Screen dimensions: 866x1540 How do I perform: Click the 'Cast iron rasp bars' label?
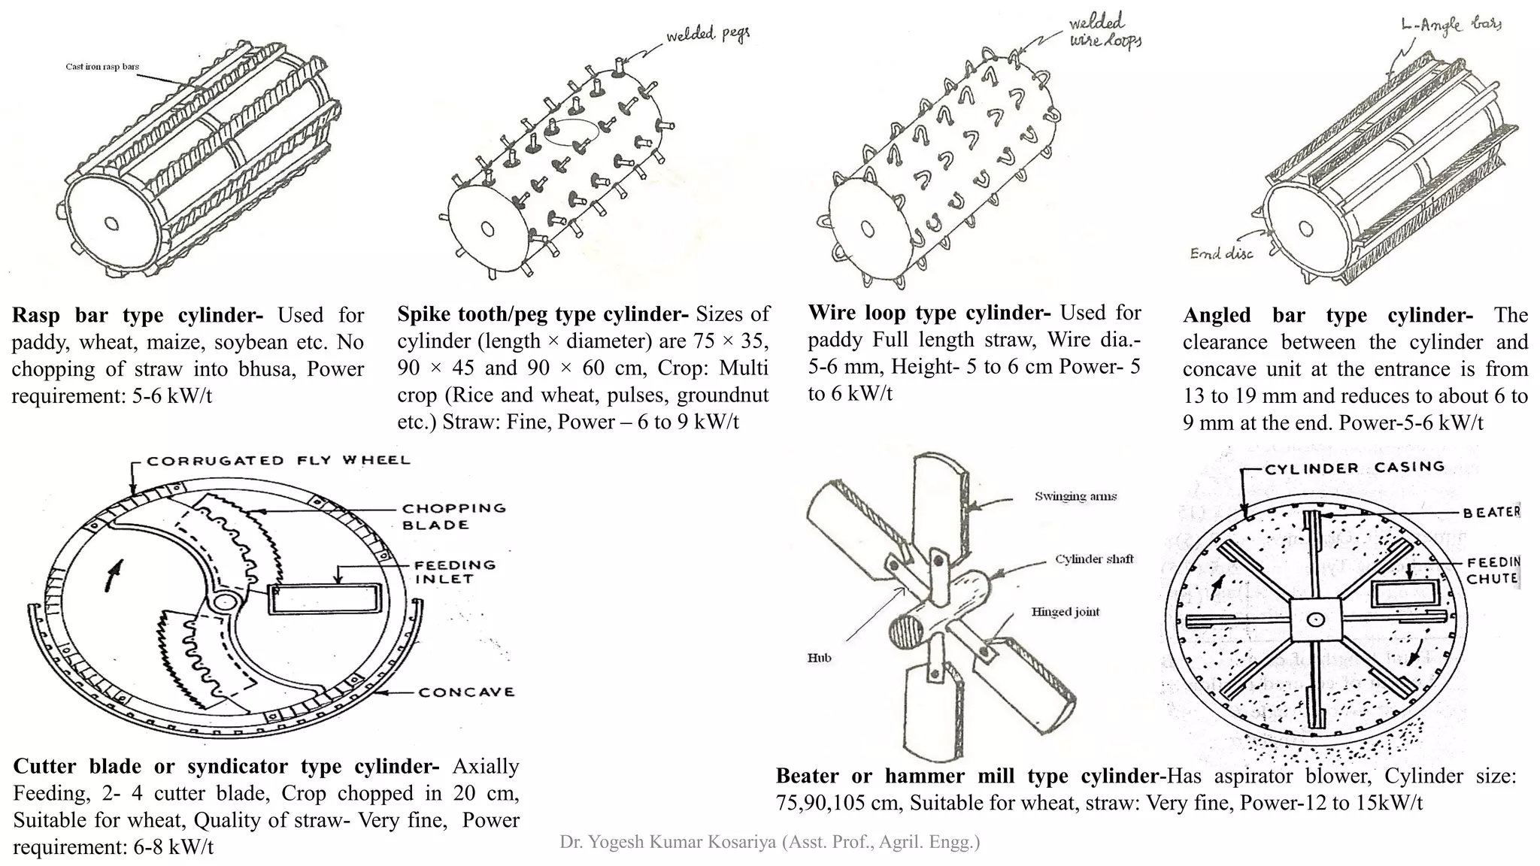tap(102, 67)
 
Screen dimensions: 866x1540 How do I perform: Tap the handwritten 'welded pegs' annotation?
tap(708, 35)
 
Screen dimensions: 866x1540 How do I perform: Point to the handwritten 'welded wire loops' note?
tap(1104, 32)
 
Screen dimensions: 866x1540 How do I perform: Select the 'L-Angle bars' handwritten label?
tap(1451, 26)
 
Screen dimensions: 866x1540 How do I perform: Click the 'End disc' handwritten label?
tap(1221, 253)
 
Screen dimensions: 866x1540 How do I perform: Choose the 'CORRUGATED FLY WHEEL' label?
tap(278, 460)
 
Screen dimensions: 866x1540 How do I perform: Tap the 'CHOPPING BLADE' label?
tap(453, 516)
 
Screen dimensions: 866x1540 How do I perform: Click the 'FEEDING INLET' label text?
tap(455, 571)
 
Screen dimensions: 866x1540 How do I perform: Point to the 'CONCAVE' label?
tap(466, 692)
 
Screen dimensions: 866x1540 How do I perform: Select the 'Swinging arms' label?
tap(1075, 496)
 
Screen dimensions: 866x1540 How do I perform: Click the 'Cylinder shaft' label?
tap(1094, 559)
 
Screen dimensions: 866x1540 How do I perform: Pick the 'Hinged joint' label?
tap(1065, 612)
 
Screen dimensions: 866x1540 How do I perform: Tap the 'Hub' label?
tap(819, 658)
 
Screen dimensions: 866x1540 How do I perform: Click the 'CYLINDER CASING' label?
tap(1354, 468)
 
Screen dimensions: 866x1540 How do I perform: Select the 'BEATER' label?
tap(1491, 513)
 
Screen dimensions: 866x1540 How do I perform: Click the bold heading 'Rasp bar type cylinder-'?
tap(137, 315)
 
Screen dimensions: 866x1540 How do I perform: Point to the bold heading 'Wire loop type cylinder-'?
tap(929, 313)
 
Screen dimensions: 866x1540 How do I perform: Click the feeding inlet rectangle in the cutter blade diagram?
tap(323, 601)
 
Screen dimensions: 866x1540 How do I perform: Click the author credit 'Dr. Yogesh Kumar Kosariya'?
tap(769, 842)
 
